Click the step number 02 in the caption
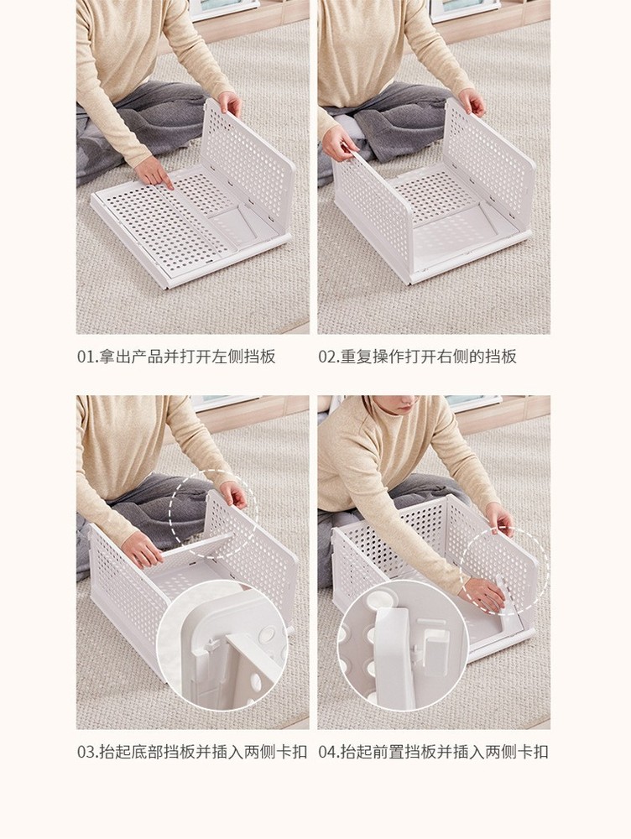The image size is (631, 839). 327,357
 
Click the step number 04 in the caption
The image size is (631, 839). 327,752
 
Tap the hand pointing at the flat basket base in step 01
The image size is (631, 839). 154,171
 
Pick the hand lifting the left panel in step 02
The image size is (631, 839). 339,143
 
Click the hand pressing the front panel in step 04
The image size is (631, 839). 484,594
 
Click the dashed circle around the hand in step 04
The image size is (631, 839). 503,571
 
